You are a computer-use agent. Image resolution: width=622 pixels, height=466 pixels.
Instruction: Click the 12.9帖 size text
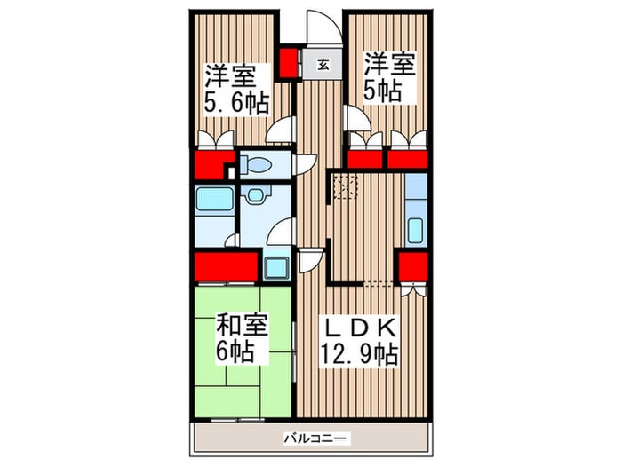pos(358,353)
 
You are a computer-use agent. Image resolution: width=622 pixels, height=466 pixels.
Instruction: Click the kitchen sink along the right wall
pos(415,225)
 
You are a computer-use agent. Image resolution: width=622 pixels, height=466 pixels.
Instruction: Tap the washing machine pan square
pos(276,266)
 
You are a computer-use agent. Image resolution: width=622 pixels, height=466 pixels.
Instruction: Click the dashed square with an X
pos(343,186)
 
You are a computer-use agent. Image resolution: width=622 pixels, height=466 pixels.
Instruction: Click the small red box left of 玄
pos(289,63)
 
